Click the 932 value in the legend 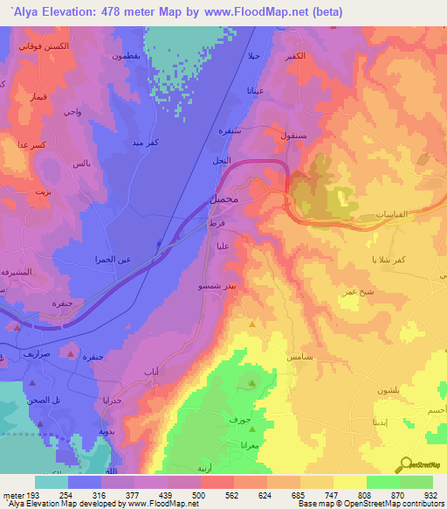[x=429, y=494]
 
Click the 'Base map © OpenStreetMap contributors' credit [x=366, y=504]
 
